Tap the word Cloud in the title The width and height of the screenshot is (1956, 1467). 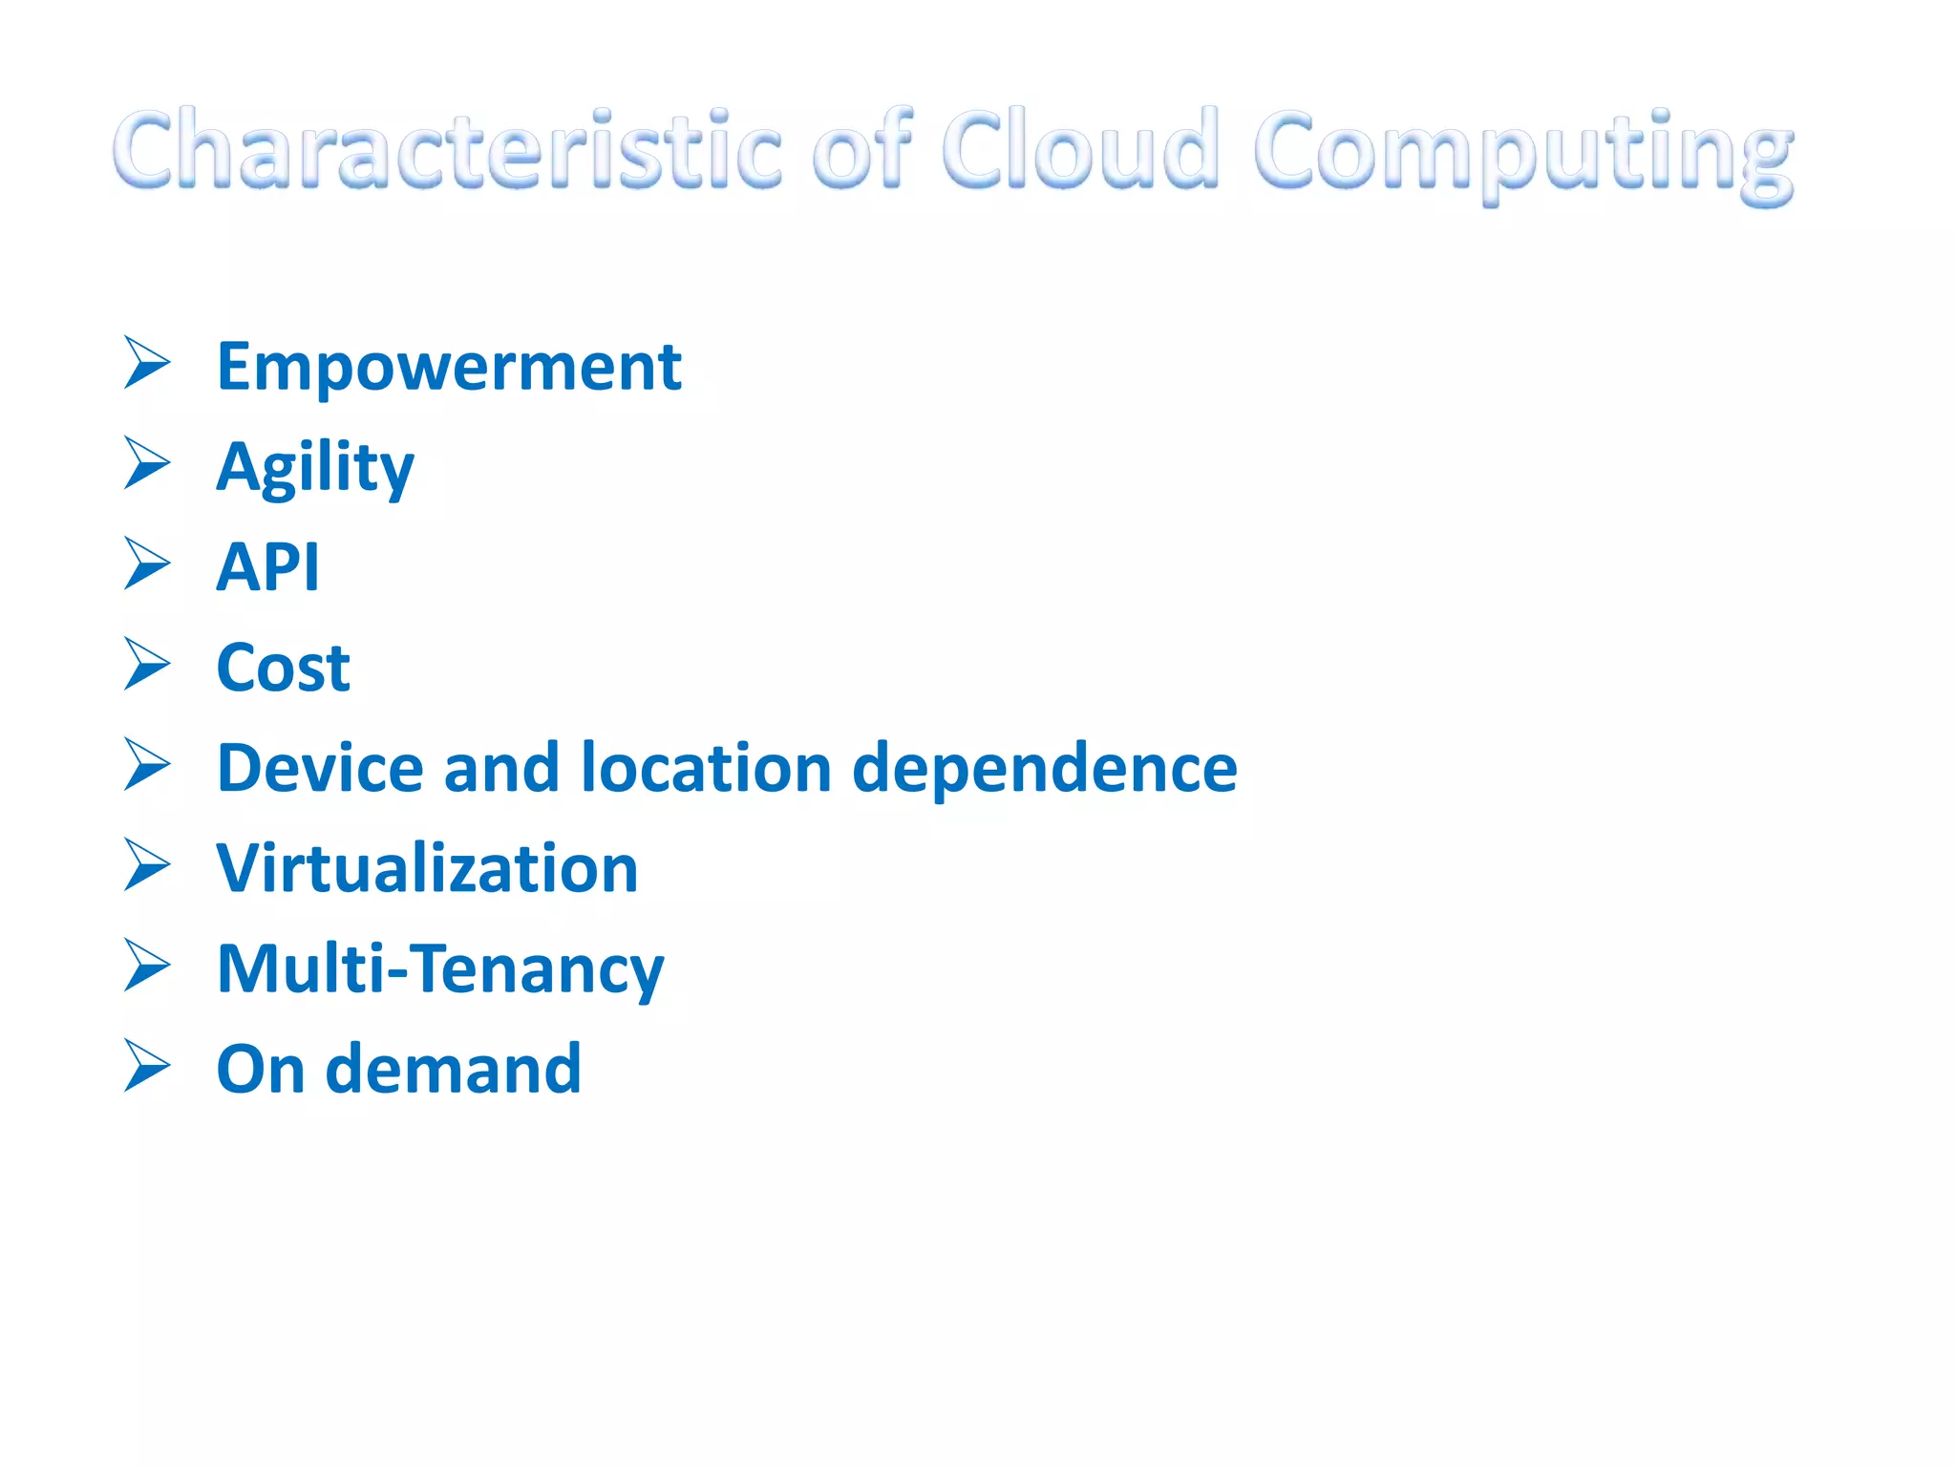click(1079, 150)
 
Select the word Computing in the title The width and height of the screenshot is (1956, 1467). click(1522, 153)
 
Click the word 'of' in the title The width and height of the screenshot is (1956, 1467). click(861, 150)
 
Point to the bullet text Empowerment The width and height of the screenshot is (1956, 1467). click(449, 368)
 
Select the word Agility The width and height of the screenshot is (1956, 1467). click(315, 468)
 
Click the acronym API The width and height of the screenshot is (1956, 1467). click(267, 567)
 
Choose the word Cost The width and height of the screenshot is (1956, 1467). click(283, 668)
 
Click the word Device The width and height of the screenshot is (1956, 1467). click(320, 768)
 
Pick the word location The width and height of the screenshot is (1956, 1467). click(707, 768)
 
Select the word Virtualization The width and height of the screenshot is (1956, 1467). click(427, 869)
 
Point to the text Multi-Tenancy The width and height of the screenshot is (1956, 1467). click(439, 970)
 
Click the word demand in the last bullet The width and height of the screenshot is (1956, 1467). click(453, 1069)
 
